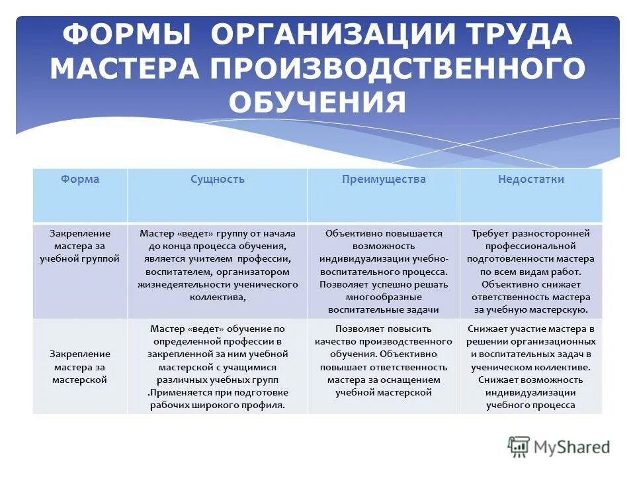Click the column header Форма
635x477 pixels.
pos(79,180)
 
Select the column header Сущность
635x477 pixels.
pos(217,180)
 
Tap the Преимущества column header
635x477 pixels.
pos(384,180)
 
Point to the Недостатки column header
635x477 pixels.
pos(530,180)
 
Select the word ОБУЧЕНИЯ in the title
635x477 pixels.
pos(317,103)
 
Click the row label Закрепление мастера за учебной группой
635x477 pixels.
pos(79,246)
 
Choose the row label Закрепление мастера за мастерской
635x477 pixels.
pos(79,367)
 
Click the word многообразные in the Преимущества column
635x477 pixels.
pos(384,297)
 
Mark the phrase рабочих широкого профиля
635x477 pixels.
pos(218,405)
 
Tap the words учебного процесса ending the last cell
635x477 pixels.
pos(530,405)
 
